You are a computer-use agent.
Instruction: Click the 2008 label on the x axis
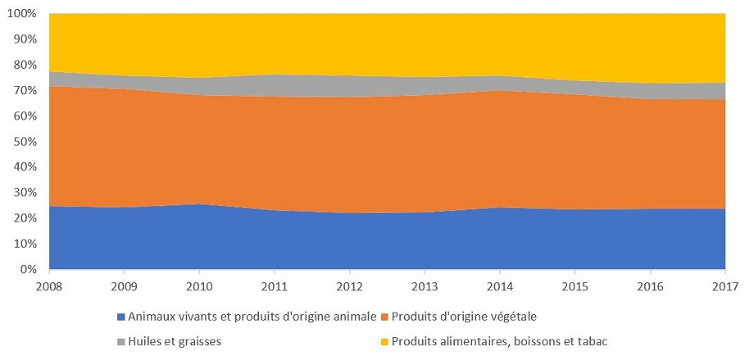[49, 286]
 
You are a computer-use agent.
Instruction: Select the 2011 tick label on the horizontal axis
[275, 286]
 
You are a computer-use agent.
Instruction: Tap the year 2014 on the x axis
[500, 286]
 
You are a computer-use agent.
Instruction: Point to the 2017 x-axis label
[725, 286]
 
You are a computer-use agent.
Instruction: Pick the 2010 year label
[199, 286]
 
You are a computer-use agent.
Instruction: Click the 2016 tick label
[650, 286]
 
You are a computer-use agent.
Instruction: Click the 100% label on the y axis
[24, 14]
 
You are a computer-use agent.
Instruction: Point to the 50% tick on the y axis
[26, 142]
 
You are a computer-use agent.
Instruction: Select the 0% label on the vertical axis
[29, 269]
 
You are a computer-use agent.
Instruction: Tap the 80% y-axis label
[26, 65]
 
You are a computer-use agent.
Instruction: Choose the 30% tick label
[26, 193]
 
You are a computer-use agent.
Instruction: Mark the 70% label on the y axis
[26, 90]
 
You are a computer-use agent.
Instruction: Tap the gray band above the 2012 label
[350, 86]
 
